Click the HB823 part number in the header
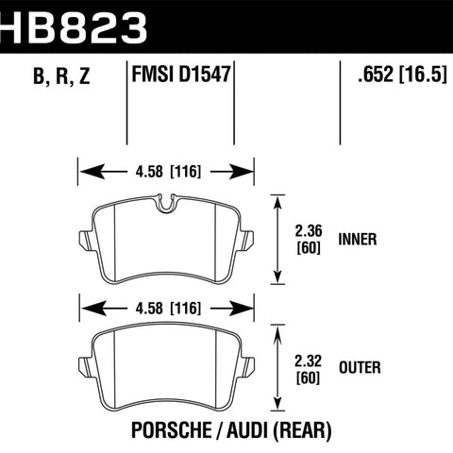coord(73,27)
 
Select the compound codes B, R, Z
coord(61,75)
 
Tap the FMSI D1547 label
coord(181,75)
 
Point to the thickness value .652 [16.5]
coord(402,75)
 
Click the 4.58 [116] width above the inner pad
coord(168,172)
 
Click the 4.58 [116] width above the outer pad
coord(168,309)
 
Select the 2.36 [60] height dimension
coord(309,239)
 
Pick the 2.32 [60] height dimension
coord(309,369)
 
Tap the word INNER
coord(358,239)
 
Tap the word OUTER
coord(360,367)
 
